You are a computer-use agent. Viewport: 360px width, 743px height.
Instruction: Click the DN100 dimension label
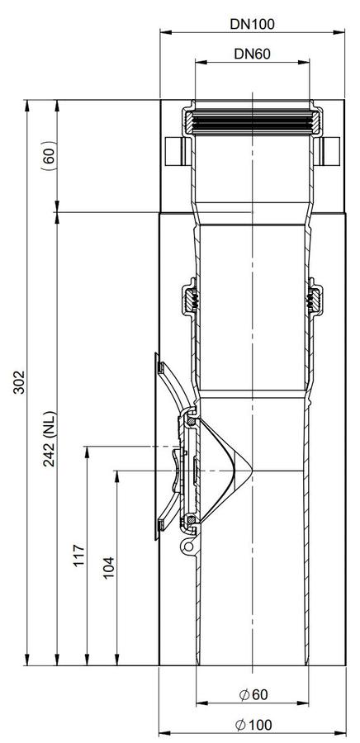(x=252, y=24)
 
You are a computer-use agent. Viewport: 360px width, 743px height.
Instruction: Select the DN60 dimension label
(x=252, y=54)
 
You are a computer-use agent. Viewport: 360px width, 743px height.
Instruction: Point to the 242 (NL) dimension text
(x=50, y=438)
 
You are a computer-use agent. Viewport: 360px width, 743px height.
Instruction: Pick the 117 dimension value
(x=79, y=555)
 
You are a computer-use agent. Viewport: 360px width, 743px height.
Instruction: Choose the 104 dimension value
(x=109, y=569)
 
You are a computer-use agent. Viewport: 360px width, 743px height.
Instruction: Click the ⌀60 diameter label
(x=253, y=694)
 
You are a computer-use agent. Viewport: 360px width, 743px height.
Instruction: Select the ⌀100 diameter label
(x=253, y=725)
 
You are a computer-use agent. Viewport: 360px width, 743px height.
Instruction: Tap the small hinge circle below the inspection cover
(x=189, y=547)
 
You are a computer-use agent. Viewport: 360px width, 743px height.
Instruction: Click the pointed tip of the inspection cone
(x=252, y=470)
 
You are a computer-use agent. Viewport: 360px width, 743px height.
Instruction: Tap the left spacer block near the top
(x=174, y=151)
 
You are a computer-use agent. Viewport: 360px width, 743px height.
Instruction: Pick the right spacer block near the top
(x=330, y=151)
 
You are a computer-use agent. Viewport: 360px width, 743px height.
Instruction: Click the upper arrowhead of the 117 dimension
(x=88, y=452)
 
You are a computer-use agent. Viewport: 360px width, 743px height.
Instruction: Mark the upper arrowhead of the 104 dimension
(x=116, y=476)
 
